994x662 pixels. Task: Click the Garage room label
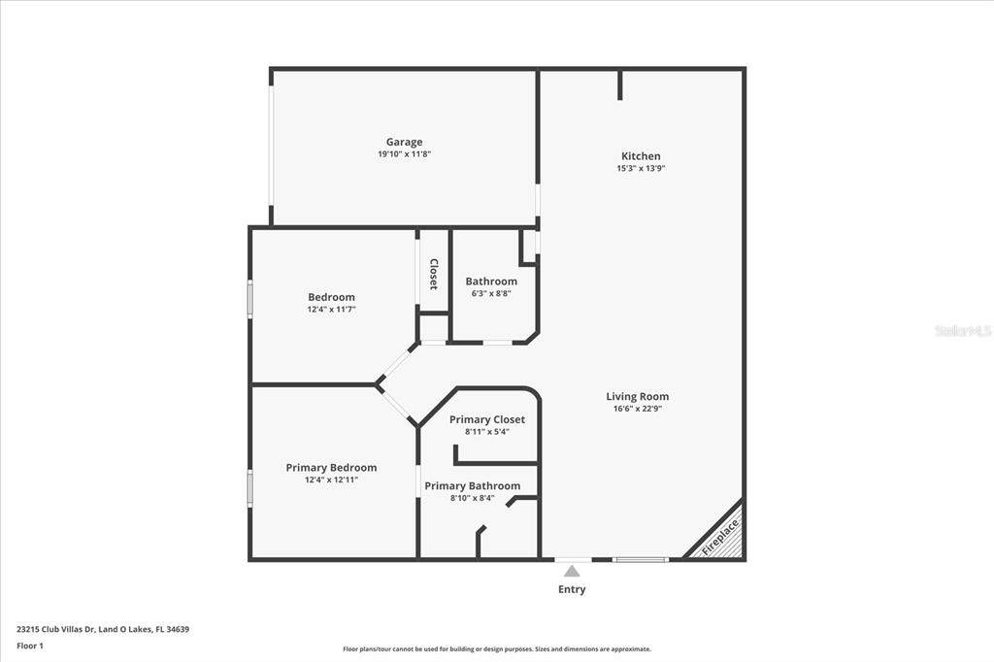coord(405,142)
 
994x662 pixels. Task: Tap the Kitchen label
coord(641,156)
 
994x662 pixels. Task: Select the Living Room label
coord(637,396)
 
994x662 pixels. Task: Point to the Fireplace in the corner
coord(720,537)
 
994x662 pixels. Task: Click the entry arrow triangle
coord(572,572)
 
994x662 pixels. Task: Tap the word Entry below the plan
coord(572,590)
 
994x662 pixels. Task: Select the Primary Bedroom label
coord(331,468)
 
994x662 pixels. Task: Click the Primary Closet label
coord(487,419)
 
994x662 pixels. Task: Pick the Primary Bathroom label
coord(473,486)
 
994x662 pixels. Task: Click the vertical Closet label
coord(434,274)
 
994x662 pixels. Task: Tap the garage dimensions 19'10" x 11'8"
coord(405,154)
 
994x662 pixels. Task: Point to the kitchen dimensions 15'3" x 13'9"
coord(641,169)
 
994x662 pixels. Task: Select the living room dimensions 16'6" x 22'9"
coord(637,409)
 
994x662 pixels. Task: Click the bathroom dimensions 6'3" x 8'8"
coord(491,293)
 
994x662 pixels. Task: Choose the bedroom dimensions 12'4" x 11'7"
coord(332,310)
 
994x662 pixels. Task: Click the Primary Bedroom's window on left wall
coord(249,487)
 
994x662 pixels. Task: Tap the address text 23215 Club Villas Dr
coord(55,630)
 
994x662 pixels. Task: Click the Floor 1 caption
coord(30,646)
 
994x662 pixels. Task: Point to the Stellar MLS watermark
coord(964,330)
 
